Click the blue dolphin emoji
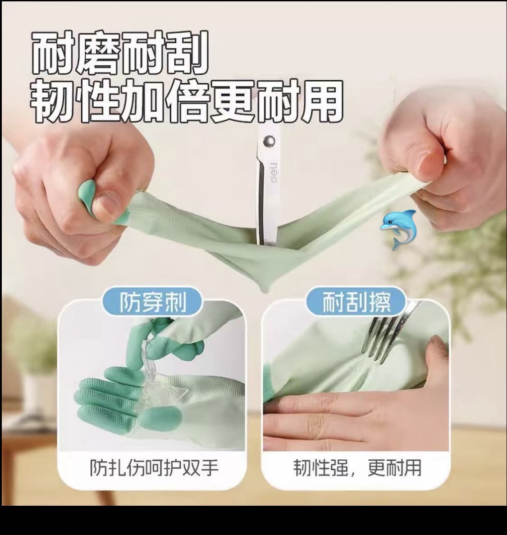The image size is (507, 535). coord(399,230)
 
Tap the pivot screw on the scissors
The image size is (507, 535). coord(269,141)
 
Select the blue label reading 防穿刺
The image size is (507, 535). coord(153,302)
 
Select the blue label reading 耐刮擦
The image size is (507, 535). coord(356,302)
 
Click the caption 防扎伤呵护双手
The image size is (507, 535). coord(154,467)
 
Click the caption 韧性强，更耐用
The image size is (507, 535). coord(357,467)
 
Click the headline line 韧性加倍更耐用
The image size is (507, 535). coord(187,101)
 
